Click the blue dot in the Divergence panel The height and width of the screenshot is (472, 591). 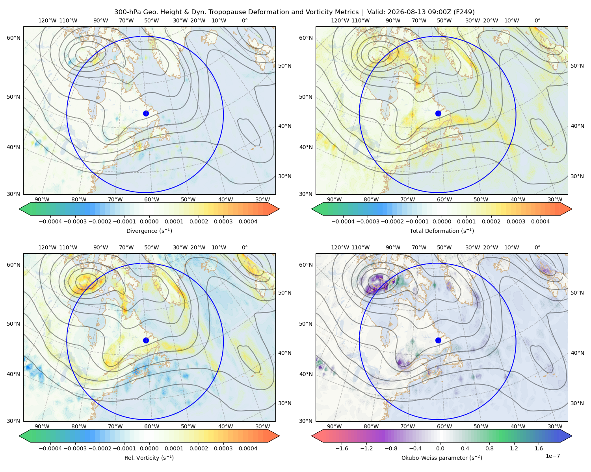(x=146, y=114)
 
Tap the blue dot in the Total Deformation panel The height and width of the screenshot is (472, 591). (x=438, y=114)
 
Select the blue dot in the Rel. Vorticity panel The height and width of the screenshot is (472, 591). (x=146, y=340)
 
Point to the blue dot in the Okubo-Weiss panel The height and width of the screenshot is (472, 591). (x=438, y=340)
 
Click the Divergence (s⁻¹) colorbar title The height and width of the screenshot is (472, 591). (x=149, y=231)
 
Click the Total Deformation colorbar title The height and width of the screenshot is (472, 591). (x=442, y=231)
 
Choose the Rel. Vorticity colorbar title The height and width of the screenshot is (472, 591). (x=149, y=458)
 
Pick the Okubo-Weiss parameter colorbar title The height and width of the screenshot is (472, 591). (x=442, y=458)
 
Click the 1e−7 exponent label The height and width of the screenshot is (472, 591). (x=552, y=456)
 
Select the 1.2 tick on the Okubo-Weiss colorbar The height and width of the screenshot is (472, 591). (x=514, y=448)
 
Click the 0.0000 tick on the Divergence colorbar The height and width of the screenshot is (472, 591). (x=149, y=221)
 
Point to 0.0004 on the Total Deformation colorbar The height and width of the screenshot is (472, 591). (x=540, y=221)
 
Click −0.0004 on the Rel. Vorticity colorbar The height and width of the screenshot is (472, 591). (x=50, y=448)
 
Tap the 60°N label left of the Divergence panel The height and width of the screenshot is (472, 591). (x=13, y=38)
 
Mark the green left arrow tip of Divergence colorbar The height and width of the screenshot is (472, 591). (x=19, y=209)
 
